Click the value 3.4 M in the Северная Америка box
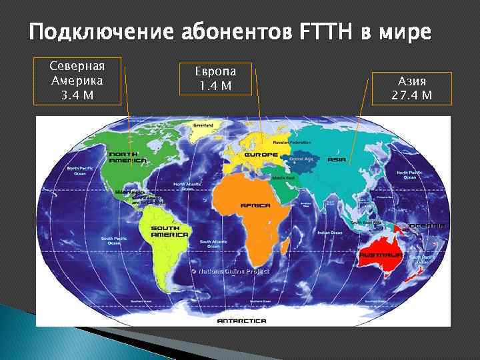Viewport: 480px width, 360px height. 77,95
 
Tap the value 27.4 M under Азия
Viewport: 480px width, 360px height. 412,95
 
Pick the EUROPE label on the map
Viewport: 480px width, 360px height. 261,155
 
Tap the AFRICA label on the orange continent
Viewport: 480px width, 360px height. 255,205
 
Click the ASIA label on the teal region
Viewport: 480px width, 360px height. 337,161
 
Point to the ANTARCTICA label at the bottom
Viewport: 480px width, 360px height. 241,321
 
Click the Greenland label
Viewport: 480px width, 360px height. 203,125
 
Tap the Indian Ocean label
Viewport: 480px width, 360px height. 330,233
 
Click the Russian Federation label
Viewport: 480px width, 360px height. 292,142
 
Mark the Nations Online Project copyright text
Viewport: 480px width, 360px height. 230,271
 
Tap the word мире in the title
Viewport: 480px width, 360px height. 407,32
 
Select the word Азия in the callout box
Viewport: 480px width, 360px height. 412,82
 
